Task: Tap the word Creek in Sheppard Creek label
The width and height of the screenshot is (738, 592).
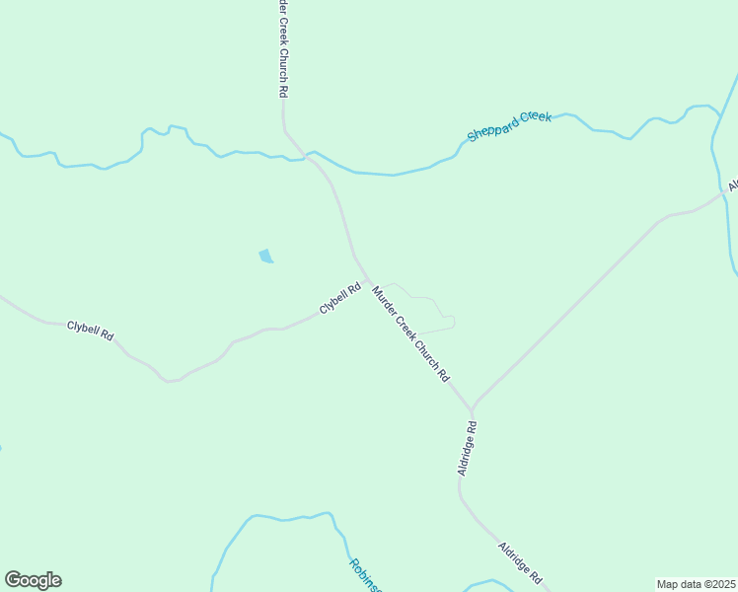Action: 536,117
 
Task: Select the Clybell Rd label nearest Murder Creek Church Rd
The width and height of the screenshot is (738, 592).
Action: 340,299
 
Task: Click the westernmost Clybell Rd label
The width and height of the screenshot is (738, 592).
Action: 90,330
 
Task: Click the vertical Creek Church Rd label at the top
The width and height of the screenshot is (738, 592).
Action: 282,47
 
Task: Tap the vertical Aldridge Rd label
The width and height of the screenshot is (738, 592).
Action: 468,449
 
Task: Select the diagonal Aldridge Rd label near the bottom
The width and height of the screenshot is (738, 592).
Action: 520,560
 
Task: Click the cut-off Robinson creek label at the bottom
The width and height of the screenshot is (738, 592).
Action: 364,574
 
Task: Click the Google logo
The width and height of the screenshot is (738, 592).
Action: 33,580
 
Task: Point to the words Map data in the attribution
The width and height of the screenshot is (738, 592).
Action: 678,583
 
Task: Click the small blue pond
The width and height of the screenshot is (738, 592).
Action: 265,257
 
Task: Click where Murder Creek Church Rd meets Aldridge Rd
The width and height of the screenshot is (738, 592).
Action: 472,407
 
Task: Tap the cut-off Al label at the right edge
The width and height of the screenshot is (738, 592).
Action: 733,185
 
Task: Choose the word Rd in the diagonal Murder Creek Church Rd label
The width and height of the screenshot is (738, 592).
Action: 444,375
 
